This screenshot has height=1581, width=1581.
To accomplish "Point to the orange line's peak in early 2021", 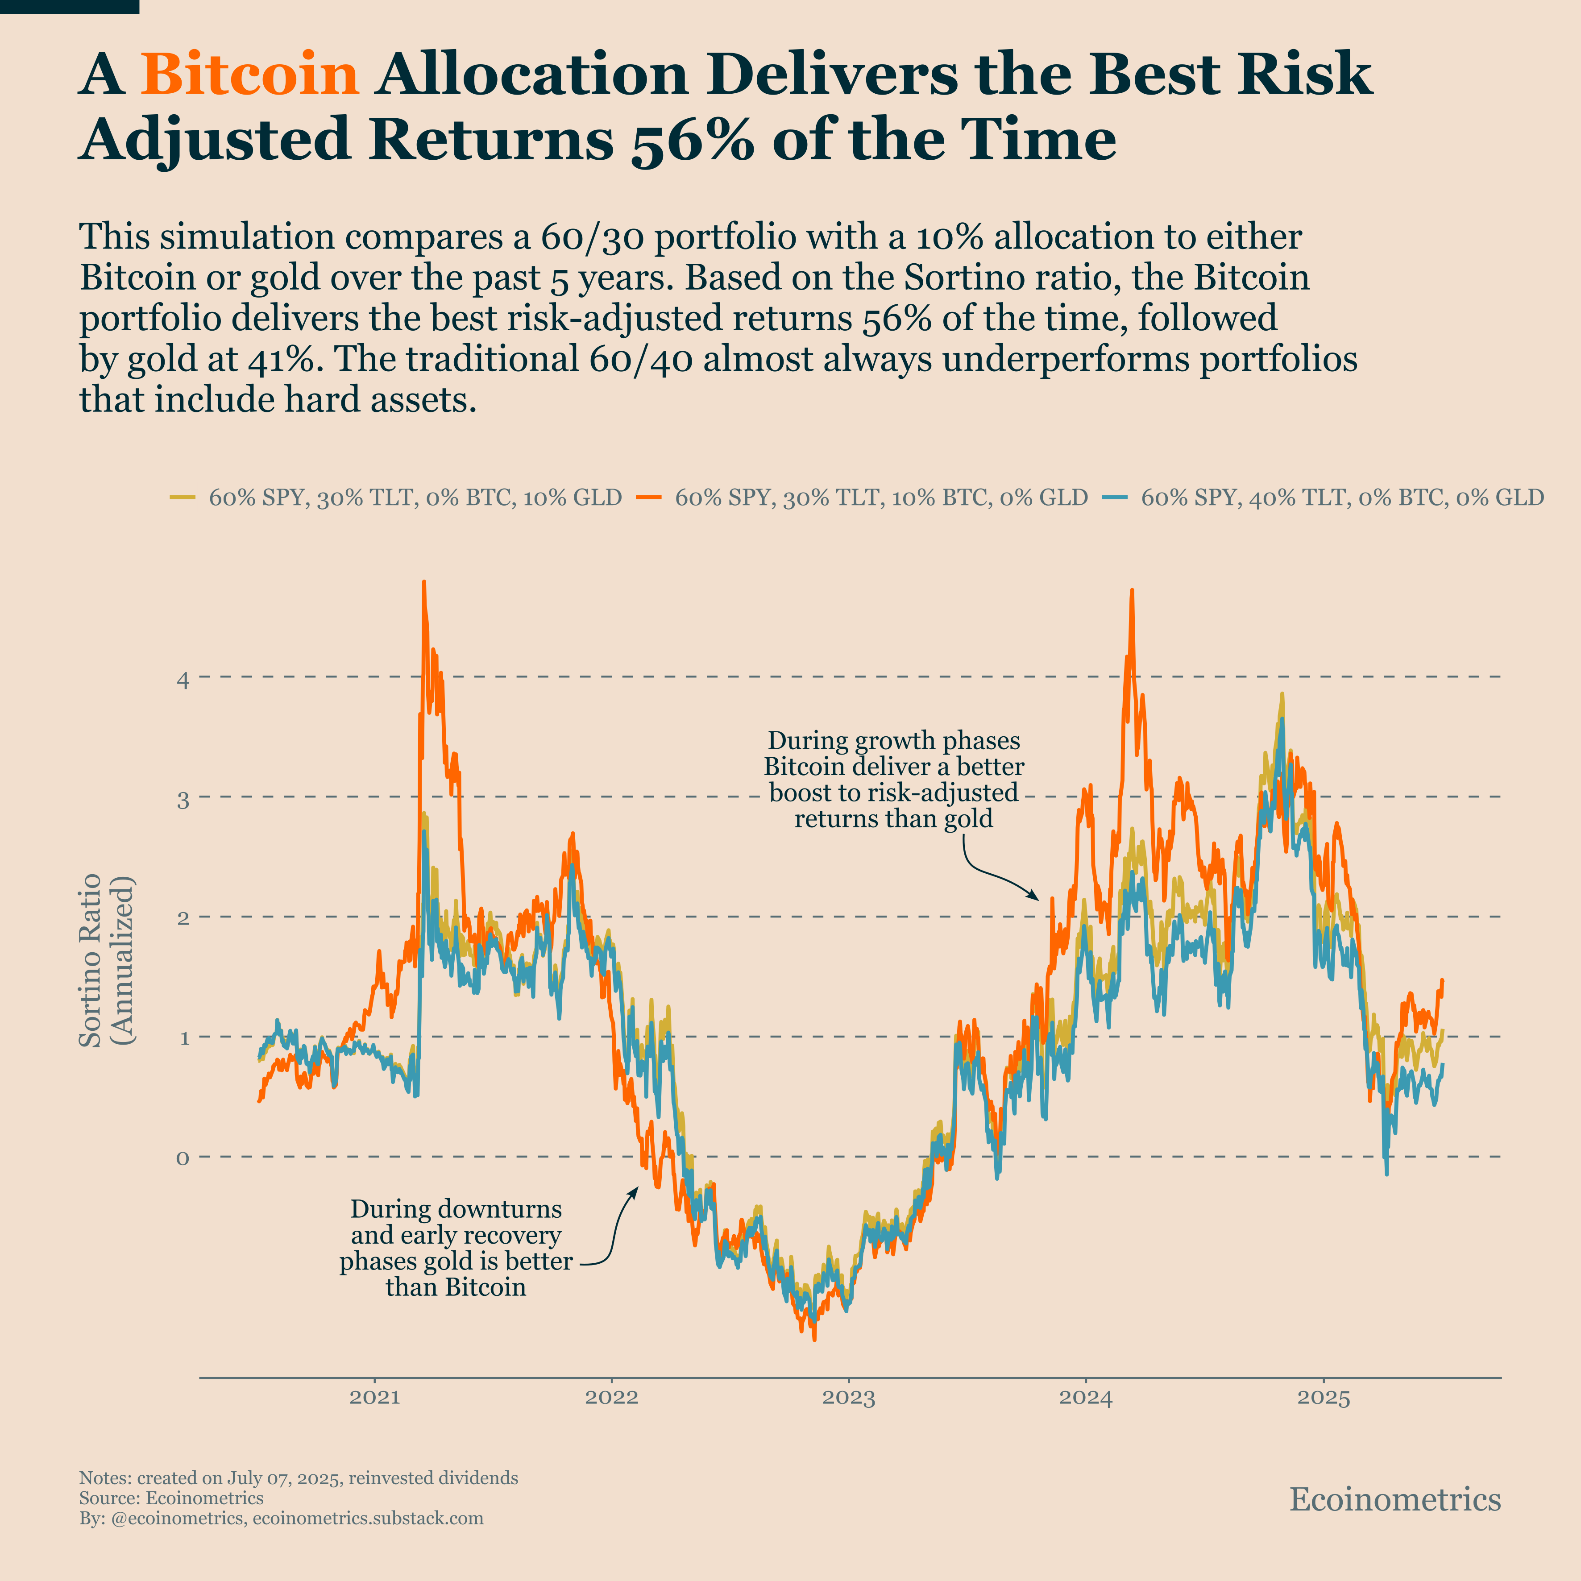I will [424, 583].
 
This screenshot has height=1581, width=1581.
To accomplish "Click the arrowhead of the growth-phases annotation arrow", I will [1036, 899].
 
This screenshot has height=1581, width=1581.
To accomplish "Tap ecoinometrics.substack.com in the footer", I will [368, 1518].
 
